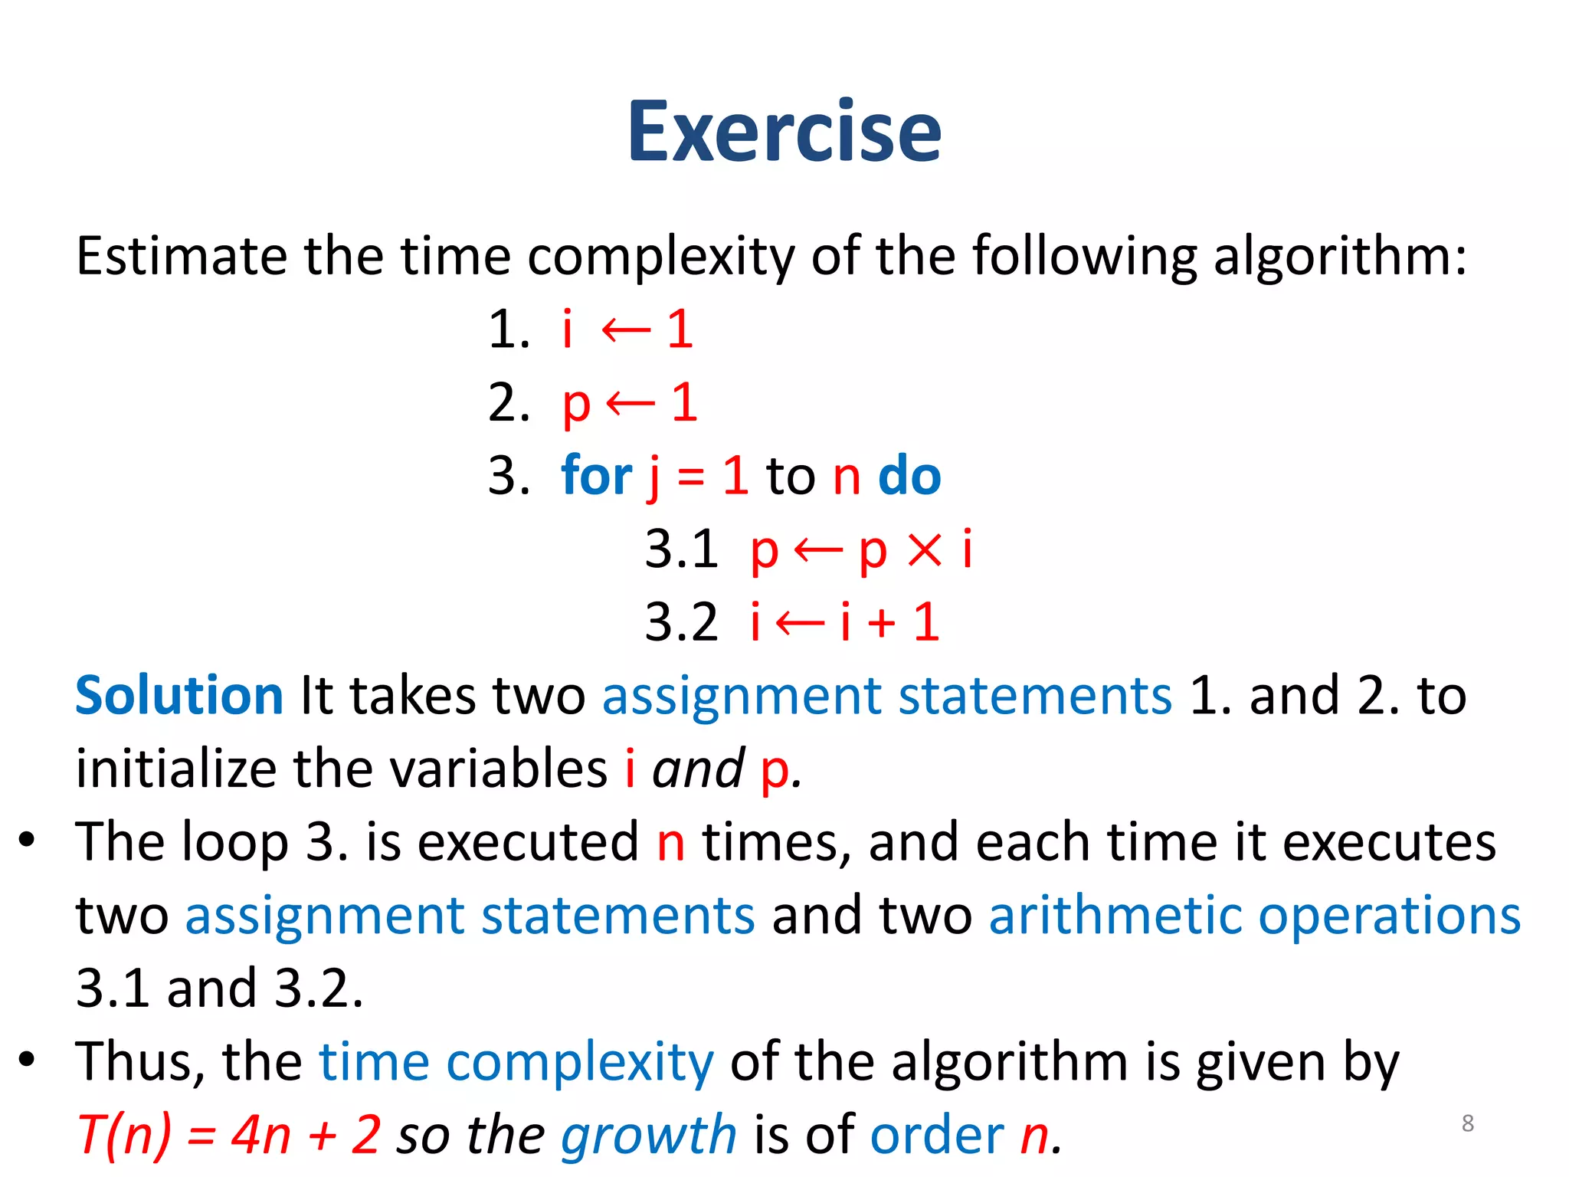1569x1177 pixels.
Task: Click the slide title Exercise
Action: pyautogui.click(x=784, y=132)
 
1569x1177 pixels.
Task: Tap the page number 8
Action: pyautogui.click(x=1467, y=1123)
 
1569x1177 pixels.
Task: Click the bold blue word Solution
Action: pyautogui.click(x=179, y=696)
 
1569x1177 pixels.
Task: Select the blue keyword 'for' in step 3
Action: pyautogui.click(x=596, y=476)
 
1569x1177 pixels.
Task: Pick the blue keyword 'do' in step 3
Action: pyautogui.click(x=909, y=476)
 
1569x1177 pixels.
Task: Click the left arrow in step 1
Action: pyautogui.click(x=626, y=331)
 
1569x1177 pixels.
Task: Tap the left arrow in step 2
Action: pyautogui.click(x=631, y=403)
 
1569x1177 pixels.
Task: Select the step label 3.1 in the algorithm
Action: pyautogui.click(x=681, y=549)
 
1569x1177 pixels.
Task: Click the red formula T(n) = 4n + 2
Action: pyautogui.click(x=229, y=1135)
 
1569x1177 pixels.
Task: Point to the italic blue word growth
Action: pyautogui.click(x=648, y=1135)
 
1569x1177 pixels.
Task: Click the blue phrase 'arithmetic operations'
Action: pyautogui.click(x=1254, y=916)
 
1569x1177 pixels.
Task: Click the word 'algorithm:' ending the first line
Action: pyautogui.click(x=1340, y=257)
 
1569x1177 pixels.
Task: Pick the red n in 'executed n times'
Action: pyautogui.click(x=671, y=843)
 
